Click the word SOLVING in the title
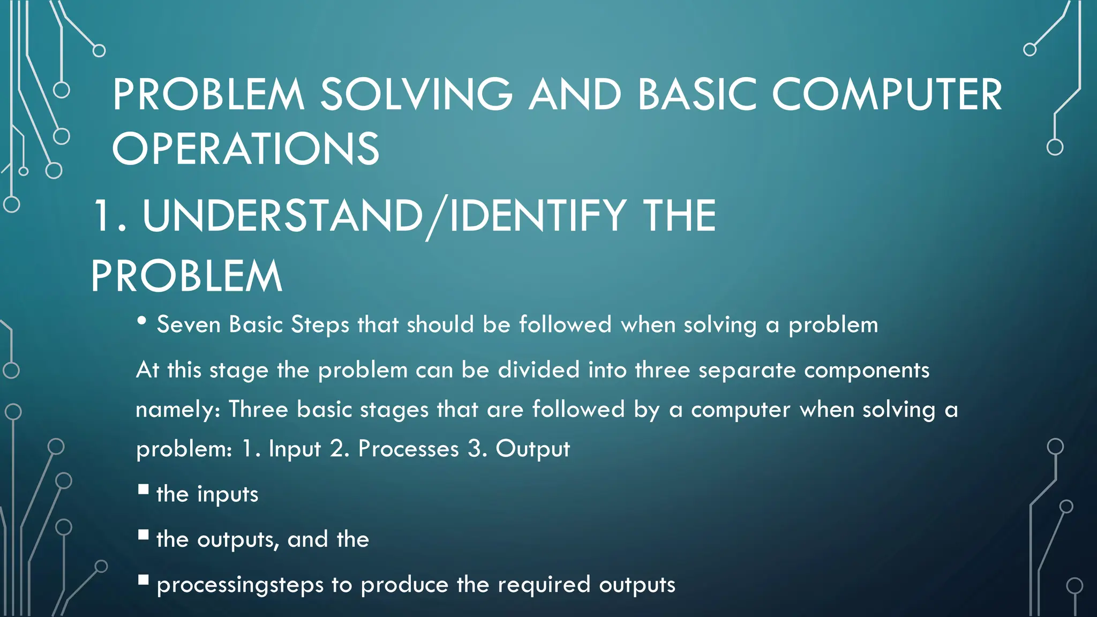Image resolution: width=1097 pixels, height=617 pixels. point(416,95)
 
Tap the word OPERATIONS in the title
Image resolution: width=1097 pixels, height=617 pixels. point(246,148)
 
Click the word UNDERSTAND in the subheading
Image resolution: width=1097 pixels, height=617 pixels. point(283,215)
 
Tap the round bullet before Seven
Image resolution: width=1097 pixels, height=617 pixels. point(142,321)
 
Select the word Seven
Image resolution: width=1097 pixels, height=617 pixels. point(189,325)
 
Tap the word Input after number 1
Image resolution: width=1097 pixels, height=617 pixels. point(294,449)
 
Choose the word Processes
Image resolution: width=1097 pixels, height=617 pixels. point(408,449)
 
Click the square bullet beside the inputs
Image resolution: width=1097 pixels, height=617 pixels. point(143,489)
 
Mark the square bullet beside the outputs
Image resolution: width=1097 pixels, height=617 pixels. point(143,535)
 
